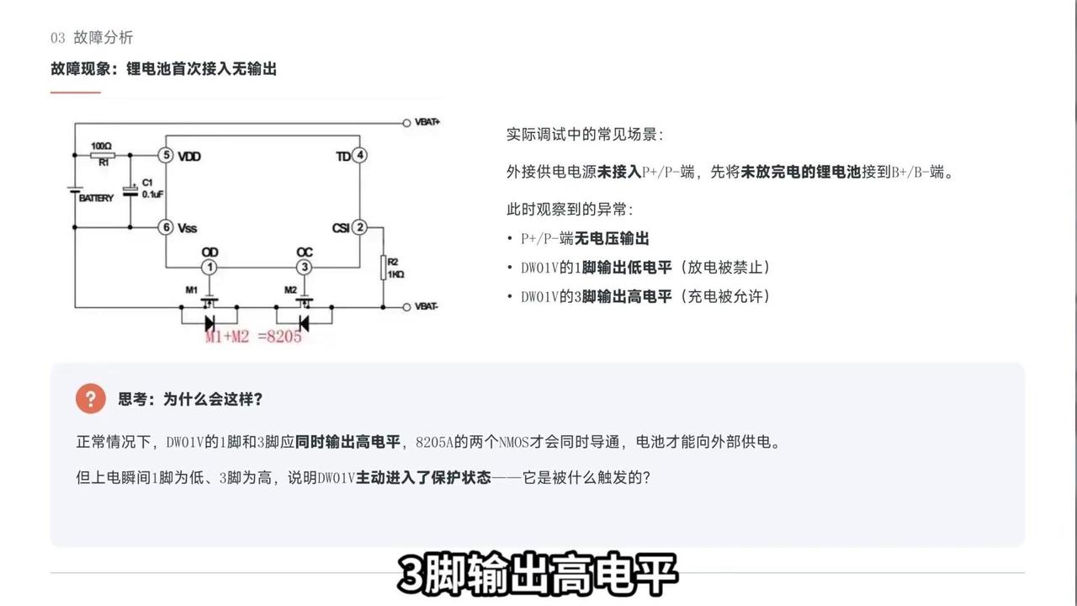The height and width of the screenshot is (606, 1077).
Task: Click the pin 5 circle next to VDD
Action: (166, 155)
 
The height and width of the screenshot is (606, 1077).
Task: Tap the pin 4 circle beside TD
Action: (359, 155)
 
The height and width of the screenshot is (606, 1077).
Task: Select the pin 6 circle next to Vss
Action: (166, 227)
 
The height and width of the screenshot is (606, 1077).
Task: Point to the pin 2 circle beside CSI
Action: (359, 227)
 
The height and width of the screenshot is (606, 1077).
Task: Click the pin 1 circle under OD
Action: (210, 267)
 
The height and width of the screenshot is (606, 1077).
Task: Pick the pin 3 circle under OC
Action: (304, 267)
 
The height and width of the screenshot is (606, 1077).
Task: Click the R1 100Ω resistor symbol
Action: (103, 155)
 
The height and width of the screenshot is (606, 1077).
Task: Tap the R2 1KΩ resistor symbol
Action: (383, 268)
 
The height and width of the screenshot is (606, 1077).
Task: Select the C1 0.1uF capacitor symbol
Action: (130, 191)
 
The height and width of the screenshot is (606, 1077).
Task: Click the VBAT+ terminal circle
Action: (406, 123)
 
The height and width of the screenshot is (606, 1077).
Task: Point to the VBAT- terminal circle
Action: (406, 307)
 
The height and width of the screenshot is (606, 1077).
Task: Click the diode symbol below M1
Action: (210, 323)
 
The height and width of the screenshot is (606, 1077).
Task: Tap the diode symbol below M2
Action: (304, 323)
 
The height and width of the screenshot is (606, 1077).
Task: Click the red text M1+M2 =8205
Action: (253, 336)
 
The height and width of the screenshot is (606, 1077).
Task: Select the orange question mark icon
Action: (90, 398)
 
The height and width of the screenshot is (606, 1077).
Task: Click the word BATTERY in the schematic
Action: (96, 198)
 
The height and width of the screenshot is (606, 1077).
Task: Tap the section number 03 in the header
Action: (58, 38)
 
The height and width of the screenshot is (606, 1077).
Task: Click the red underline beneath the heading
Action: (76, 92)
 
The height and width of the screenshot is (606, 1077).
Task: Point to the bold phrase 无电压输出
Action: (612, 238)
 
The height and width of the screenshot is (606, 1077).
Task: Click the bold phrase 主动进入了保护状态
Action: (423, 477)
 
